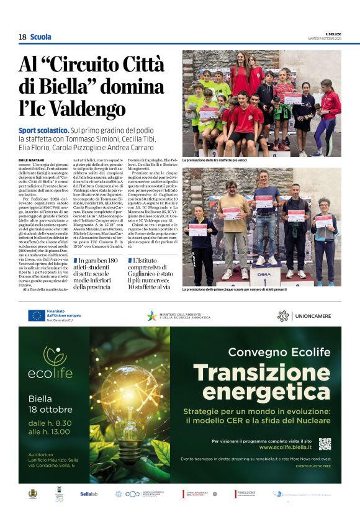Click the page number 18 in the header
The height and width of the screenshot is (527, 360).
[x=22, y=37]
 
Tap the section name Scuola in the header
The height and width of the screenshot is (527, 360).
[x=41, y=37]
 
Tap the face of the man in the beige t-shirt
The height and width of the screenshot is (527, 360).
[x=231, y=186]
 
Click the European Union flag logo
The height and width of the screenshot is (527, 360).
[x=37, y=315]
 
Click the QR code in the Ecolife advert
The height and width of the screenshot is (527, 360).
[x=325, y=444]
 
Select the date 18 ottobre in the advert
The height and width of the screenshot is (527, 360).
[x=50, y=410]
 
